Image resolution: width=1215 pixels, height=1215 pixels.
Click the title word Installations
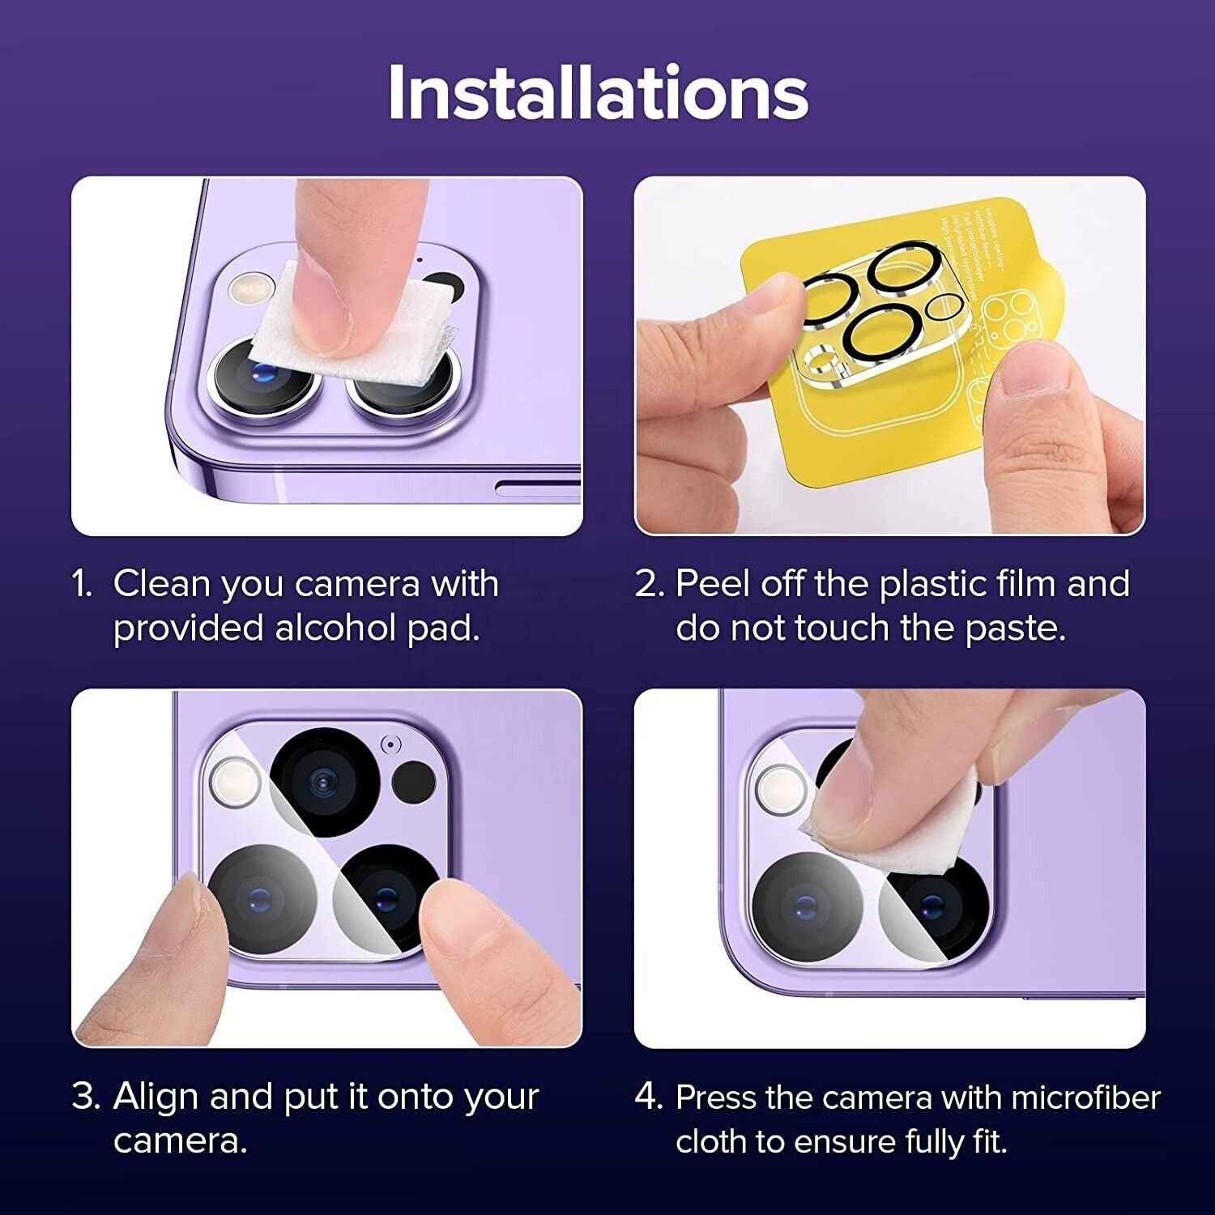(x=598, y=92)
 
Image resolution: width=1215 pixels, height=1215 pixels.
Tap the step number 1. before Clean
(x=83, y=584)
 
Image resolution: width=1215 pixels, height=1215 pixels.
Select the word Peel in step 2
(x=710, y=584)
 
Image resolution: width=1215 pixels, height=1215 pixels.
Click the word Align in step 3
(x=156, y=1097)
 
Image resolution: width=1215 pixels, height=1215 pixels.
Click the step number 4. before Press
(x=649, y=1098)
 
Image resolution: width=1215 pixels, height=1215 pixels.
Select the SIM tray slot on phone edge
(x=538, y=487)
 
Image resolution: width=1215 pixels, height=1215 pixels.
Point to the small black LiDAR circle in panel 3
(x=414, y=782)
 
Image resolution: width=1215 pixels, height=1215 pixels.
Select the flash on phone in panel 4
(x=781, y=788)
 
